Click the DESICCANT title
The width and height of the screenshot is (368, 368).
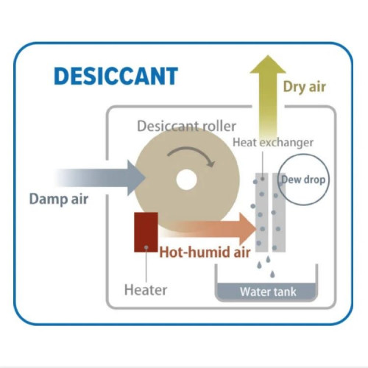click(116, 76)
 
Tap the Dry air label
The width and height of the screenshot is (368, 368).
click(305, 88)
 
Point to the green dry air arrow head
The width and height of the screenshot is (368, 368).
click(268, 64)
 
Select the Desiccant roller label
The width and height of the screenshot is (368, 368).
click(186, 126)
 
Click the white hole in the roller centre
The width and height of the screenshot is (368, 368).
click(186, 180)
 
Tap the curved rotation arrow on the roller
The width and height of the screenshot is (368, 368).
click(191, 154)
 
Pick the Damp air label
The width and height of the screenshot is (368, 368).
click(59, 199)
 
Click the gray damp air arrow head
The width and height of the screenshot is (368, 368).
click(136, 178)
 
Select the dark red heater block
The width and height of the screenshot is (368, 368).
click(146, 232)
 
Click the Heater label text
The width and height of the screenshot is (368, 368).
click(146, 290)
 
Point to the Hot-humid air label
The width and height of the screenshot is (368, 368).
click(205, 252)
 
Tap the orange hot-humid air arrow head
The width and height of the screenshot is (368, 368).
click(248, 229)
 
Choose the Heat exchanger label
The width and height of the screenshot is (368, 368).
click(273, 143)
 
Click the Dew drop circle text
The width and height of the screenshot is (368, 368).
click(303, 180)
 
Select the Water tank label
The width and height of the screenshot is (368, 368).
click(268, 292)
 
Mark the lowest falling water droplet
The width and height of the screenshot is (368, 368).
click(272, 274)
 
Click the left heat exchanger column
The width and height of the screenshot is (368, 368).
click(261, 213)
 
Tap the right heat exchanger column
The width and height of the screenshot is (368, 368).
click(279, 213)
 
